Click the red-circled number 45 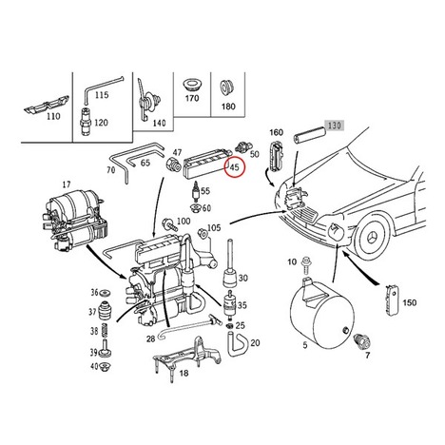pos(235,166)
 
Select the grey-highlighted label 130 pos(334,126)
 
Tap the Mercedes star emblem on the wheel pos(376,237)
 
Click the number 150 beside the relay pos(409,302)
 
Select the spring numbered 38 pos(104,331)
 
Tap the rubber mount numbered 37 pos(104,311)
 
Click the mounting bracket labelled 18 pos(187,358)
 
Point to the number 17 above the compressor pos(67,184)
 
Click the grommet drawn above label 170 pos(192,84)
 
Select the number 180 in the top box pos(228,106)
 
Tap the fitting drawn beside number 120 pos(86,123)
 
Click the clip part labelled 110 pos(47,105)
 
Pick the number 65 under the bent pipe pos(145,163)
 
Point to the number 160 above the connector pos(276,132)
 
